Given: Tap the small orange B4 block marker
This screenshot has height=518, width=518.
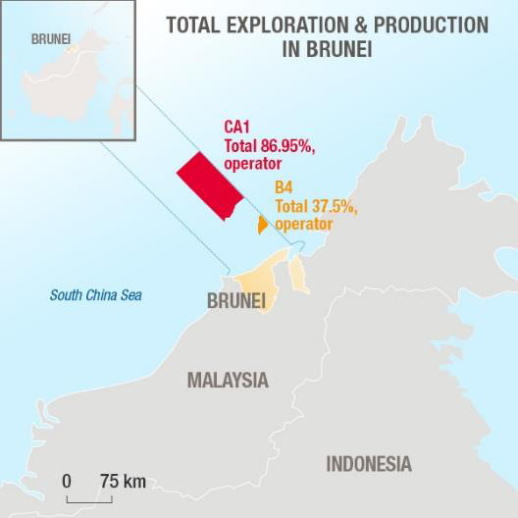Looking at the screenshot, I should [262, 225].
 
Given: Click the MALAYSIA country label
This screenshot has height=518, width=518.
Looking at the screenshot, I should [228, 380].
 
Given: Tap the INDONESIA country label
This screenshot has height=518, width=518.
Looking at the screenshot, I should [369, 464].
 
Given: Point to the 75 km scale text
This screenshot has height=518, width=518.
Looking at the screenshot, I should [123, 481].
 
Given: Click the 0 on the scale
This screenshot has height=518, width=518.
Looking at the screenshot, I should [67, 481].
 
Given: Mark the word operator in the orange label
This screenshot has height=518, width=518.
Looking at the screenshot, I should [304, 224].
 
